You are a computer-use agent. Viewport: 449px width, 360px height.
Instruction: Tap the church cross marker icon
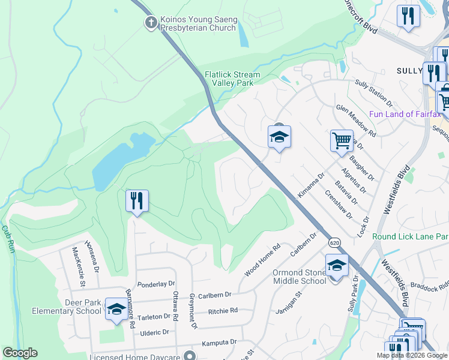pos(151,23)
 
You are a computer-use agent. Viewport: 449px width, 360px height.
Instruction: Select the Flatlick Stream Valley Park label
pos(232,79)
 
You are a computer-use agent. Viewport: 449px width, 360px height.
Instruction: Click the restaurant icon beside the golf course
pos(137,201)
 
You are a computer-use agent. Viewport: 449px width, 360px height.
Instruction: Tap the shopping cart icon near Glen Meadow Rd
pos(342,141)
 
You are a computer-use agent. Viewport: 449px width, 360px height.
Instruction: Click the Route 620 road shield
pos(334,241)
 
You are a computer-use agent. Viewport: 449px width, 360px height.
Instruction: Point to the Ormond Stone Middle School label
pos(300,277)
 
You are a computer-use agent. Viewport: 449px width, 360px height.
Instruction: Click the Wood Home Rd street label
pos(263,260)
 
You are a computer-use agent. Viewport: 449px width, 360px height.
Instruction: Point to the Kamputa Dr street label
pos(220,342)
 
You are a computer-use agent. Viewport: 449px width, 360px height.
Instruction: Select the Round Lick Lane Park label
pos(410,236)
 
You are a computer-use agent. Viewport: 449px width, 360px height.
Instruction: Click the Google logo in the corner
pos(20,353)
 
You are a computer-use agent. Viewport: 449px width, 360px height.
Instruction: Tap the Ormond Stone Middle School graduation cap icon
pos(337,265)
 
